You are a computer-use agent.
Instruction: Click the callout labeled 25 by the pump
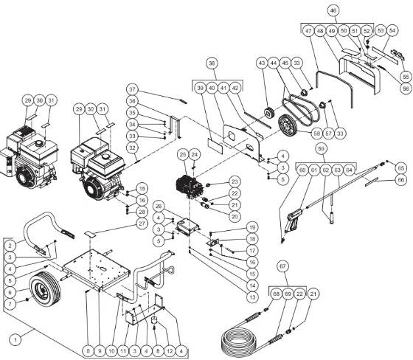182,155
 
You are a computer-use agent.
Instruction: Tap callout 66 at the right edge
401,179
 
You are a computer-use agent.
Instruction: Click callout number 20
235,216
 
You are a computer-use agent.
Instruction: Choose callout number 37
133,89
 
